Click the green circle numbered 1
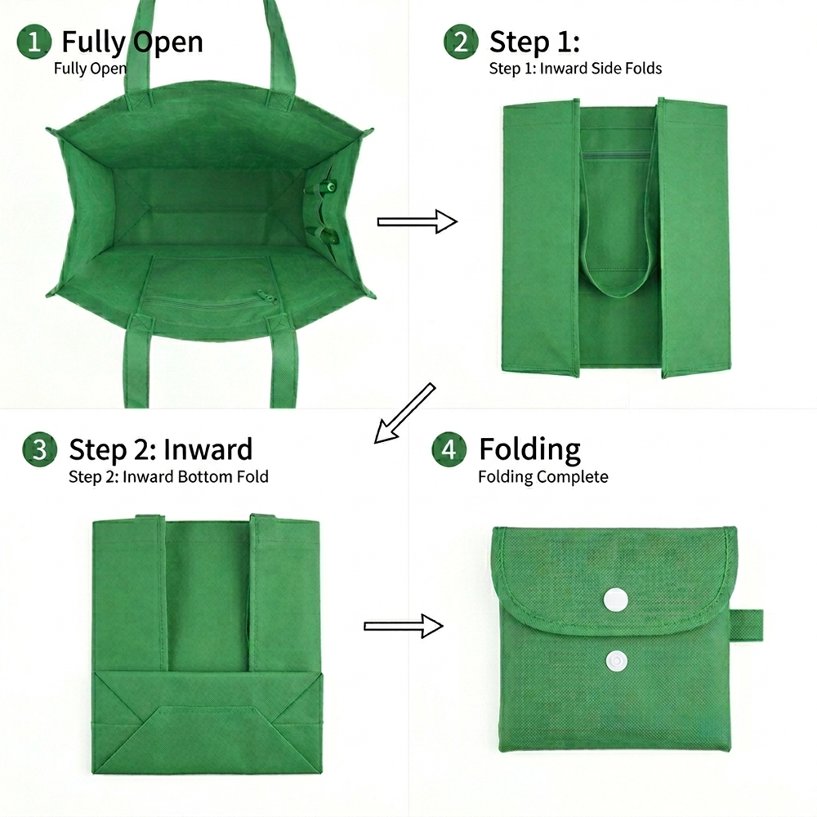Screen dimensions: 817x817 coord(33,42)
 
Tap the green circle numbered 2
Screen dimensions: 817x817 coord(461,42)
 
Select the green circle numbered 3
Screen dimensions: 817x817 coord(39,449)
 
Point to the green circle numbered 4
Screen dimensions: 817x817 coord(449,449)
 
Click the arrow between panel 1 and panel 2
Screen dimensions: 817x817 coord(417,222)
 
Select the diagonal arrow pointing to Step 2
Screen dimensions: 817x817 coord(404,413)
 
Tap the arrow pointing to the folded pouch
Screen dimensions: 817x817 coord(404,626)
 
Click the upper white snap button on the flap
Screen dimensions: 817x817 coord(615,600)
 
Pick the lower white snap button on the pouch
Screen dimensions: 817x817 coord(616,661)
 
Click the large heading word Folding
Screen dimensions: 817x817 coord(530,449)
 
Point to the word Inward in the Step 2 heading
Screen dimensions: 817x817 coord(208,449)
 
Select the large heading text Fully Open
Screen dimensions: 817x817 coord(132,42)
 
